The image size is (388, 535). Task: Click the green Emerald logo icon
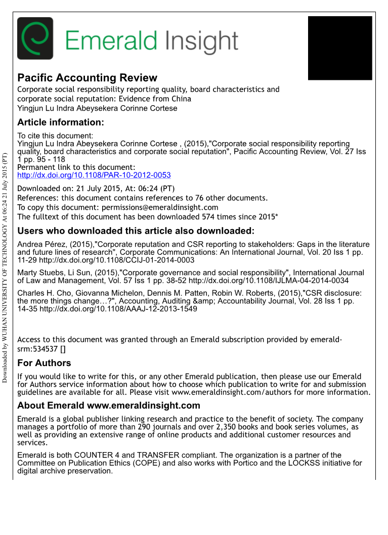coord(35,38)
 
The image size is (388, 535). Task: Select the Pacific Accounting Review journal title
coord(87,78)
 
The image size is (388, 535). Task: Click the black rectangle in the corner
coord(340,48)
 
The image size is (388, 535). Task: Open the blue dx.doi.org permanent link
coord(94,175)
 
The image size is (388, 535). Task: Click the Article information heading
coord(61,122)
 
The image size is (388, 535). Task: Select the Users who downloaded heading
coord(136,232)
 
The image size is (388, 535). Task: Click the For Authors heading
coord(44,363)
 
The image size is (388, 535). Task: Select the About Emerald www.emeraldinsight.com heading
coord(109,406)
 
